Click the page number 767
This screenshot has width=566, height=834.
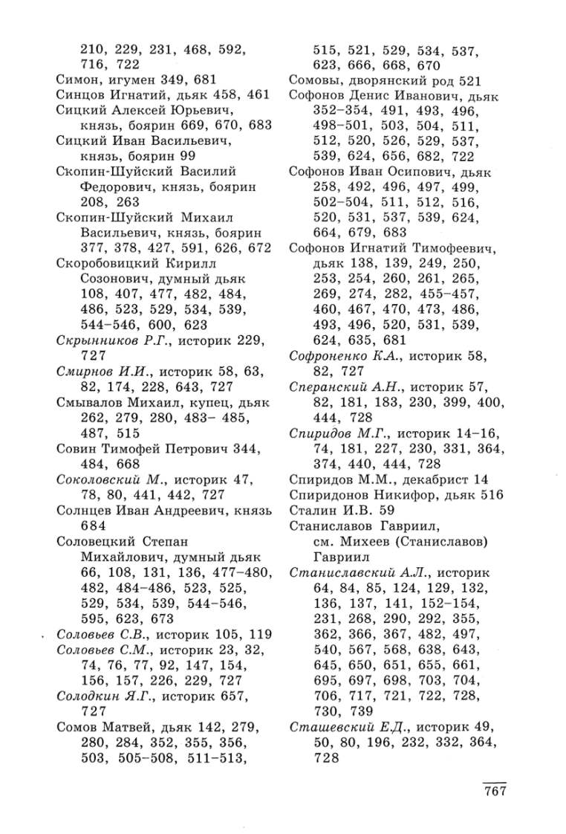490,791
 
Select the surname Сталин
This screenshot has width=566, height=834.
311,511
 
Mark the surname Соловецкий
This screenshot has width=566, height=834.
97,542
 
